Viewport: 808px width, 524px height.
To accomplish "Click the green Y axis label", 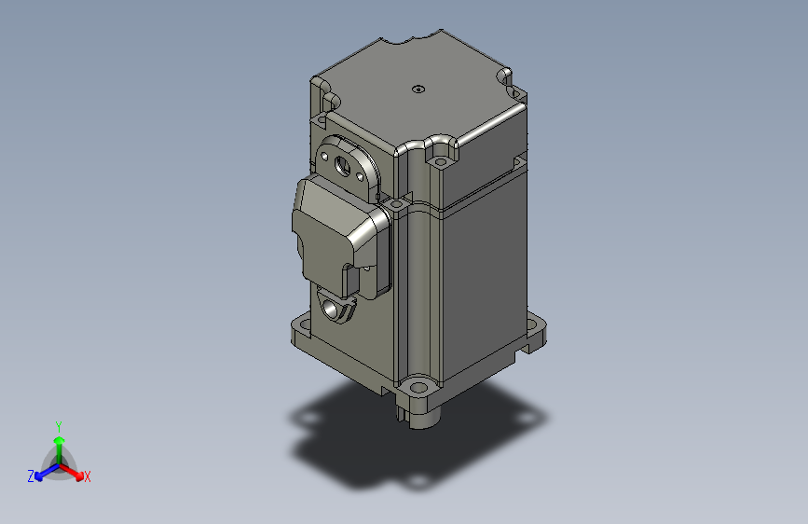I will click(58, 424).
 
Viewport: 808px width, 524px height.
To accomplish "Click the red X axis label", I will click(88, 476).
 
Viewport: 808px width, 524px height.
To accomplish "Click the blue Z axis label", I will click(30, 476).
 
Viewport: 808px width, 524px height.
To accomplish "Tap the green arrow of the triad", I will click(58, 442).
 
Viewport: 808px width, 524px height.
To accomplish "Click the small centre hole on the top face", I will click(418, 90).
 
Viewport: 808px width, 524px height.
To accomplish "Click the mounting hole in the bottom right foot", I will click(538, 327).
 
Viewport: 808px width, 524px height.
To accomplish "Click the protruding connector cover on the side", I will click(330, 233).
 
